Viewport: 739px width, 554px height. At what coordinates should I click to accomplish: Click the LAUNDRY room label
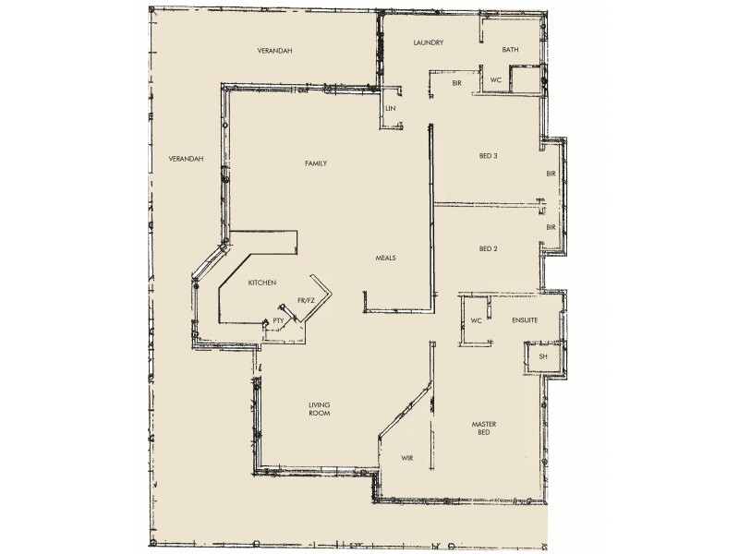(430, 42)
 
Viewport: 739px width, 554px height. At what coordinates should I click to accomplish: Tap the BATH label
(509, 49)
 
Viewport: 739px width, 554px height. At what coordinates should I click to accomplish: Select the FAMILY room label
(317, 163)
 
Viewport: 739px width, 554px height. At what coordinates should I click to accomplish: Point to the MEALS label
(385, 258)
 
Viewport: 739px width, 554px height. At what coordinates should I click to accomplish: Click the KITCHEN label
(263, 283)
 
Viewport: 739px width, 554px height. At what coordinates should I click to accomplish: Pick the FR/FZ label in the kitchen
(307, 300)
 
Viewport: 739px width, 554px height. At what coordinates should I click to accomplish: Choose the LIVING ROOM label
(320, 410)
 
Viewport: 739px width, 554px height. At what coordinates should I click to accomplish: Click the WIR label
(406, 458)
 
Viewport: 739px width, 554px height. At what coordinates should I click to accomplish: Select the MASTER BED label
(486, 429)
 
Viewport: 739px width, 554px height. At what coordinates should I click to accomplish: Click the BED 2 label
(489, 248)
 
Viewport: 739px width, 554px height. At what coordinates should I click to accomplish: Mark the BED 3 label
(489, 155)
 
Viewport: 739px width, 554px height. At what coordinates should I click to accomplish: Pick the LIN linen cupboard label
(391, 109)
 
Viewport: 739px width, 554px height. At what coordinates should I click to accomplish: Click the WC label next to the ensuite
(477, 321)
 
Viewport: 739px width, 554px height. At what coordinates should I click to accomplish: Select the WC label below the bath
(495, 79)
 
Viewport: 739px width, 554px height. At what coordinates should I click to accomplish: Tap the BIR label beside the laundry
(456, 83)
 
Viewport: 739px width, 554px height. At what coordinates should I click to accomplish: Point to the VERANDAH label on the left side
(185, 159)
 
